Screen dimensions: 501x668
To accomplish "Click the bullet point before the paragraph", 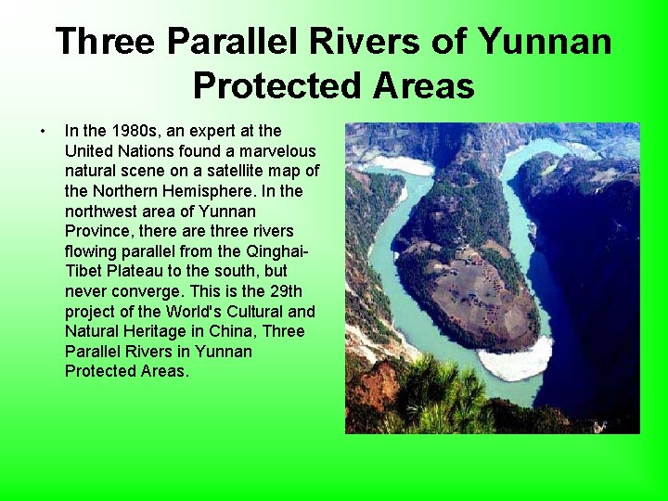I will [x=43, y=131].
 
